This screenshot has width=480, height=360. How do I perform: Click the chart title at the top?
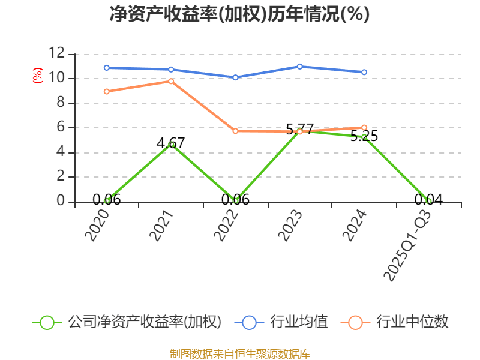pos(239,14)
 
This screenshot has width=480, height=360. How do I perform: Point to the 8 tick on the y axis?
pos(60,103)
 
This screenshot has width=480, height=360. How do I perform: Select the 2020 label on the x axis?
pos(97,225)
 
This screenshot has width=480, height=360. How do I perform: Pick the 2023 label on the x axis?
pos(290,225)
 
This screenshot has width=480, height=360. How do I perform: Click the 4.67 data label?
pos(170,143)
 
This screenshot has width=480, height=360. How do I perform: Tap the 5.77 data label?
pos(299,128)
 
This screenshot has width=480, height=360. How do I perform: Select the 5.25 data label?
pos(364,136)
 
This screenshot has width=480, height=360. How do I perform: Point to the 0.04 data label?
pos(428,200)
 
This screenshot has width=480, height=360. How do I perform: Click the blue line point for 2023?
pos(299,66)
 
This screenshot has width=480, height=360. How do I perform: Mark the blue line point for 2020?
pos(106,68)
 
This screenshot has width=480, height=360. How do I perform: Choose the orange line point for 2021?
pos(171,81)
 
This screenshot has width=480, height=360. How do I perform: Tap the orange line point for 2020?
pos(106,91)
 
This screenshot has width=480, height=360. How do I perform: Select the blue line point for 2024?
pos(364,72)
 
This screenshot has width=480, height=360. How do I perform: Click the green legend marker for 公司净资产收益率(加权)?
pos(47,322)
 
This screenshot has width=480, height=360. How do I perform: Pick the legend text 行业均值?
pos(299,322)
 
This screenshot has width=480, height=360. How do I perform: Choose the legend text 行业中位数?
pos(412,322)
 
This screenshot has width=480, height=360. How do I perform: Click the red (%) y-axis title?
pos(38,76)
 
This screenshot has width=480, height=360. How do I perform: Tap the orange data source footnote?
pos(239,353)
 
